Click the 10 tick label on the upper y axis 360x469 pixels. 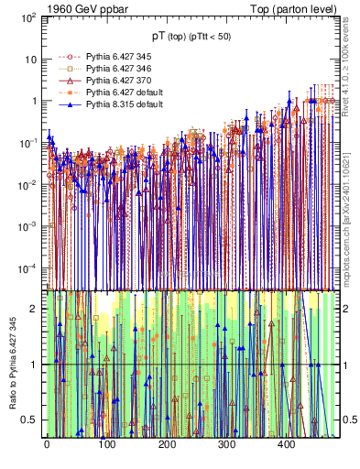click(30, 59)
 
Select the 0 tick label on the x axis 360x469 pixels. click(47, 446)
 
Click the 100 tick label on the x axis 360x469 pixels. click(106, 446)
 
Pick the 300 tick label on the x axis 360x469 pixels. click(227, 446)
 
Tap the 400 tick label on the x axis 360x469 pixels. click(288, 446)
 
